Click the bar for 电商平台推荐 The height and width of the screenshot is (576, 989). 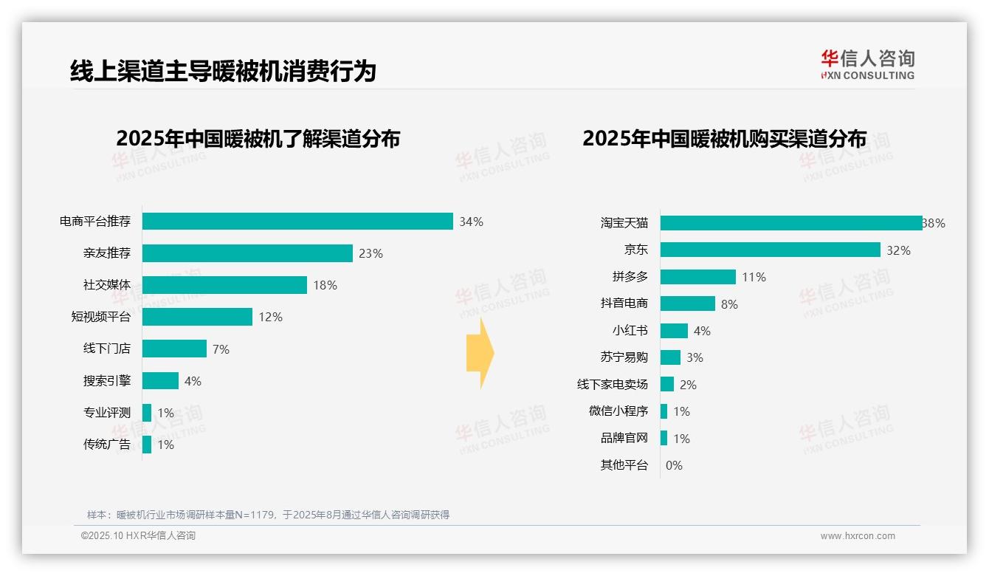point(297,222)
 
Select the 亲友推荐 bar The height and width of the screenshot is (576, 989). point(247,253)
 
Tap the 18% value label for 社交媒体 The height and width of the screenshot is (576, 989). point(325,285)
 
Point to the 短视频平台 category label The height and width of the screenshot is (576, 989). point(100,317)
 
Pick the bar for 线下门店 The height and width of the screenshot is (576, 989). point(174,349)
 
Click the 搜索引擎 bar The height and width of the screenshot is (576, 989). point(160,380)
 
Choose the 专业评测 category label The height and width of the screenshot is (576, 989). point(106,413)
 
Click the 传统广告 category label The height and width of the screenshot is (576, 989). point(106,445)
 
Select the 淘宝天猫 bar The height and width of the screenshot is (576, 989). point(791,223)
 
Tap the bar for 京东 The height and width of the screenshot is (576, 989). point(770,250)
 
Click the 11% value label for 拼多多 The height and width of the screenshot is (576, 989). point(754,277)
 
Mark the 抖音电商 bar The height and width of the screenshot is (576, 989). point(687,304)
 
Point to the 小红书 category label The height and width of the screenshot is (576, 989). point(630,331)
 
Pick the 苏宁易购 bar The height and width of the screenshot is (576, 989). point(670,357)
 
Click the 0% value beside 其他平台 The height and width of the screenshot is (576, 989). point(674,465)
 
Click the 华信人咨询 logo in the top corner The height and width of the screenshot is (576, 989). point(867,65)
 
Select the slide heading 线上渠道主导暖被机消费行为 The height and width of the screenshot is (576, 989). point(223,72)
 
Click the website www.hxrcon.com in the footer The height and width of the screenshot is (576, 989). point(858,536)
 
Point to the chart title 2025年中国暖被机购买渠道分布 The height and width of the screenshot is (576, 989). point(724,139)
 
